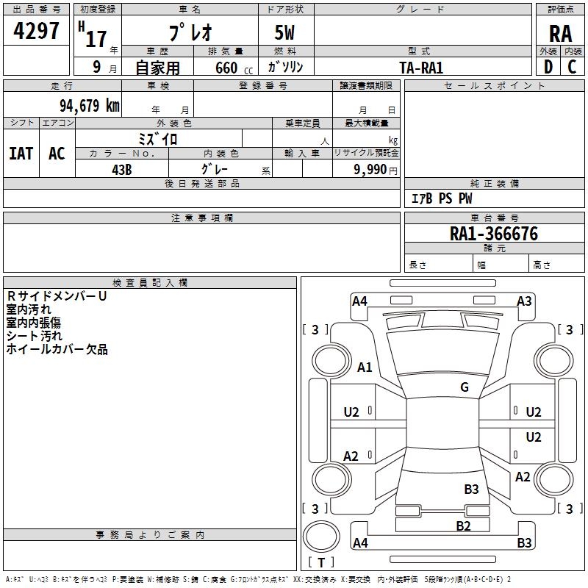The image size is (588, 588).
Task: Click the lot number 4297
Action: (36, 31)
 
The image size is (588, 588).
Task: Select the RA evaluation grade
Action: (560, 34)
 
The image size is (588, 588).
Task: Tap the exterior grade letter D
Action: (548, 67)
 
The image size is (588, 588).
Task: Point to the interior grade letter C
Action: (572, 67)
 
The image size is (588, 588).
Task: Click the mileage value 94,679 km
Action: (90, 105)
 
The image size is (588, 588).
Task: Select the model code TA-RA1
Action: (421, 68)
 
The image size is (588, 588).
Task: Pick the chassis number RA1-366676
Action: (493, 234)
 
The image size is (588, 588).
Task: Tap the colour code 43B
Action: (122, 170)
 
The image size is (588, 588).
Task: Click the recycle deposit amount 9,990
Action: (370, 170)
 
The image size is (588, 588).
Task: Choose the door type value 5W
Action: (284, 32)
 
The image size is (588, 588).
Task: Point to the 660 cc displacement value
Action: (234, 68)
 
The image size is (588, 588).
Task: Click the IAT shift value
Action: (21, 154)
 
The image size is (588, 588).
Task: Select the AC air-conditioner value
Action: (57, 154)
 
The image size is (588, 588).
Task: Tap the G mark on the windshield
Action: (465, 387)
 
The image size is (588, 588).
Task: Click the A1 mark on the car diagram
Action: (365, 367)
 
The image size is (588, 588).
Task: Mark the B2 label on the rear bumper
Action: (463, 526)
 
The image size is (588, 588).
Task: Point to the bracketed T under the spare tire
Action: (321, 562)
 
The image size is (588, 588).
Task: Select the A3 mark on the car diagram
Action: (524, 301)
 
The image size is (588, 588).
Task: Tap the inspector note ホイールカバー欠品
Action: (57, 349)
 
